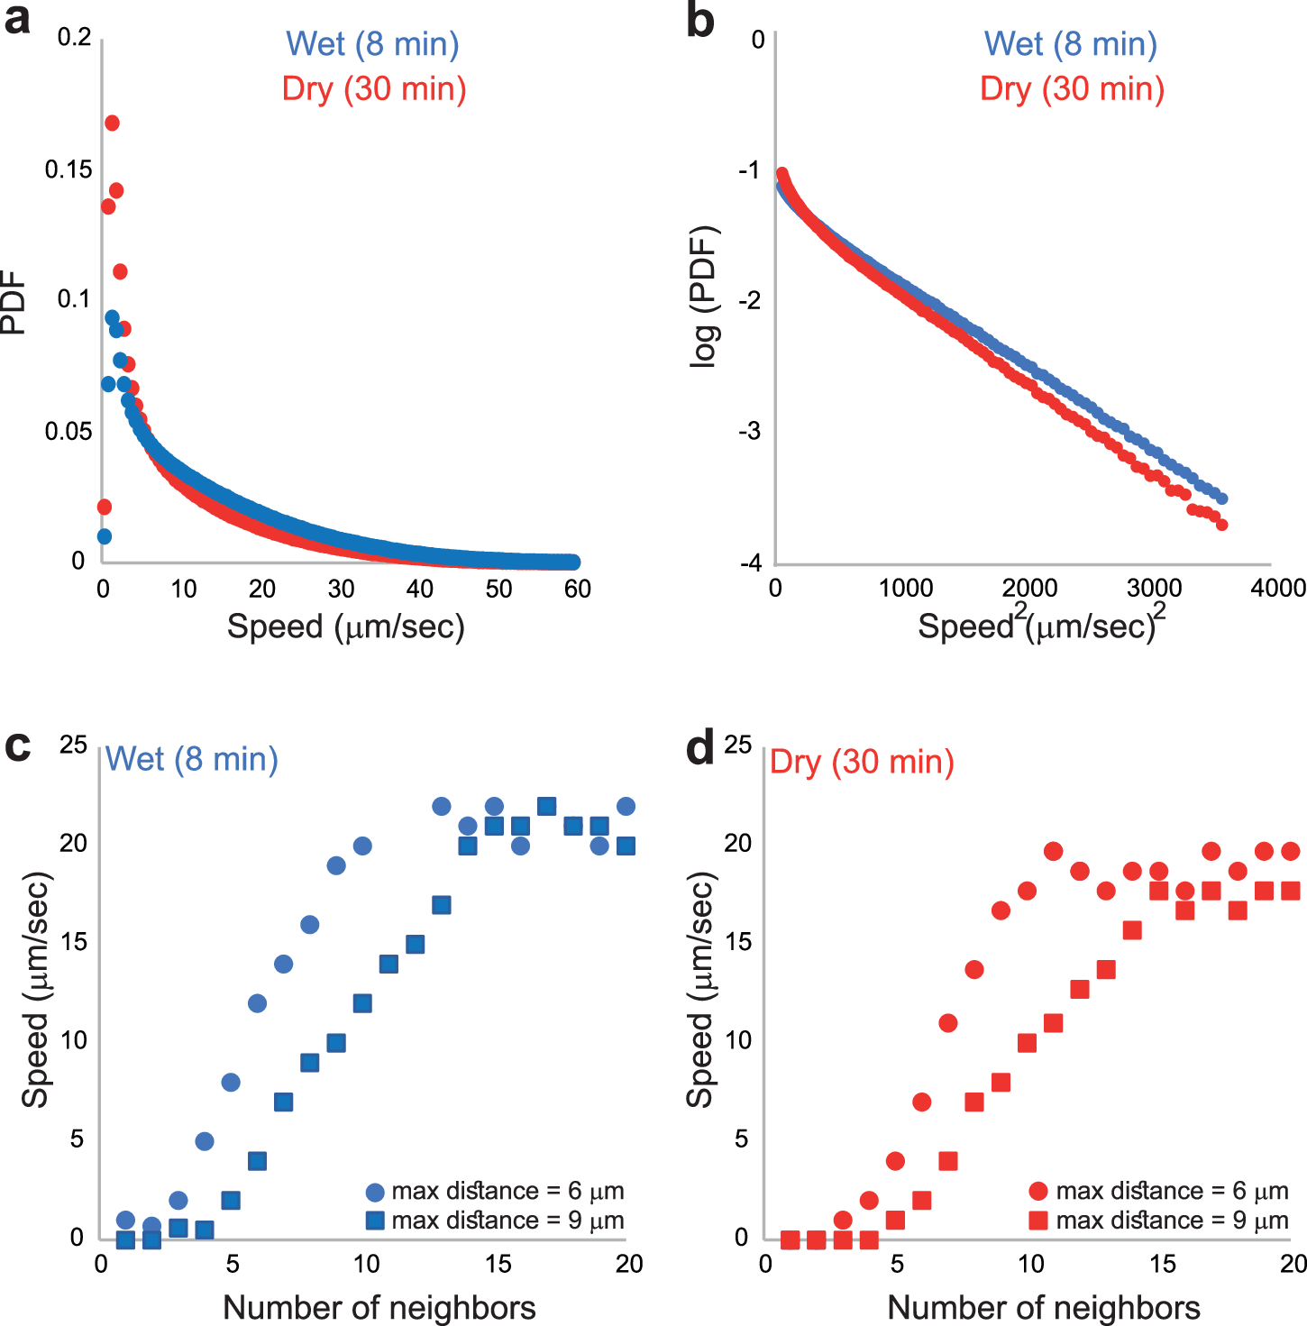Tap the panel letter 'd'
(700, 748)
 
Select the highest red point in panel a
(112, 123)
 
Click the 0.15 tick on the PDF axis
(69, 169)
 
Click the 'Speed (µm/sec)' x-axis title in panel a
(345, 626)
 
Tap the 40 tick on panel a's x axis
(420, 590)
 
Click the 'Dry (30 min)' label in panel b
(1072, 88)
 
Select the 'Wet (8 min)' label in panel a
(372, 43)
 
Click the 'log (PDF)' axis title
(704, 297)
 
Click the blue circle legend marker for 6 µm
(375, 1192)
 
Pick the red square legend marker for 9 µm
(1038, 1221)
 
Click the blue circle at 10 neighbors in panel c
(362, 846)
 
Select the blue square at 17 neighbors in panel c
(546, 806)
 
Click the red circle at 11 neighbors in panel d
(1053, 851)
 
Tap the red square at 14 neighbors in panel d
(1132, 930)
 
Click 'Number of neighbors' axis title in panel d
(1044, 1307)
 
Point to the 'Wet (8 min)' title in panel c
(192, 759)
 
